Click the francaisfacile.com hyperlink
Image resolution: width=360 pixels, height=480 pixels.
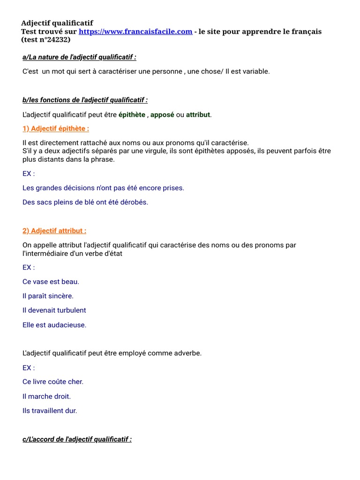coord(135,31)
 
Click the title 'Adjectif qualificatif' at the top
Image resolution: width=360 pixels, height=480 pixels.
coord(57,23)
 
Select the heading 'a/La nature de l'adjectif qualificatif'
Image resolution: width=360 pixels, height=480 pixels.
coord(79,57)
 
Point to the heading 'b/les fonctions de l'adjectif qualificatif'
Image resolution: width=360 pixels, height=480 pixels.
coord(85,100)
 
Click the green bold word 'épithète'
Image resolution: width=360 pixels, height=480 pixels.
coord(132,115)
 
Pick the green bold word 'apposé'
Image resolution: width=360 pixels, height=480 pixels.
coord(162,115)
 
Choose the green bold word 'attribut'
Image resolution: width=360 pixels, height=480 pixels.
coord(198,115)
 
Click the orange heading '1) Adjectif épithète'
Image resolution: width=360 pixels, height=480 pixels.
coord(55,129)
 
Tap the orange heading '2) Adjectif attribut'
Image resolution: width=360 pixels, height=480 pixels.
coord(54,231)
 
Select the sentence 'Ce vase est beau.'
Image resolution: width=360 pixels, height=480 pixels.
coord(51,282)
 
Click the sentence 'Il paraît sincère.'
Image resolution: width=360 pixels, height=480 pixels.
coord(48,296)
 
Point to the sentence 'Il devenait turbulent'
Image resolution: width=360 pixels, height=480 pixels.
coord(54,310)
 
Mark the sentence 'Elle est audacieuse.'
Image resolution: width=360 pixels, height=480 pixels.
coord(54,325)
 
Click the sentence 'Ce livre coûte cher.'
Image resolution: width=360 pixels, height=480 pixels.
coord(53,382)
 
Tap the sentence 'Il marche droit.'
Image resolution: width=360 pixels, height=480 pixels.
coord(46,397)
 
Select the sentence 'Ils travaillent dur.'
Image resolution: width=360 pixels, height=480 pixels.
coord(50,411)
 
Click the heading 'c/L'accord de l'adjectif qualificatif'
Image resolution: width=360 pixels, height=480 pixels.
coord(77,439)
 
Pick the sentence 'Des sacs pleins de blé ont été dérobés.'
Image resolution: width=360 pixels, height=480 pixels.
coord(85,202)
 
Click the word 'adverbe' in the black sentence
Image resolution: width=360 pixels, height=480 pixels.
coord(188,353)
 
